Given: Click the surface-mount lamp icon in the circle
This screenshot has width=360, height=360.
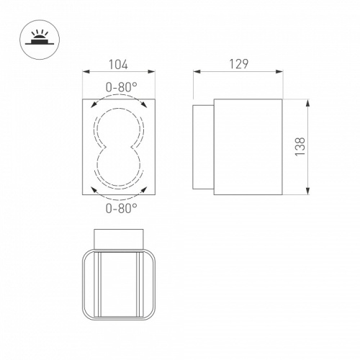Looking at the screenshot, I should coord(36,35).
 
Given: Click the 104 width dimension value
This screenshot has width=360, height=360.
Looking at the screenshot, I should coord(117,64).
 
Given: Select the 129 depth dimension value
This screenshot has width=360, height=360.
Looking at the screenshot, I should coord(240,63).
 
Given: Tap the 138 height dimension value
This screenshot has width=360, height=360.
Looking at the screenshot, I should coord(300,147).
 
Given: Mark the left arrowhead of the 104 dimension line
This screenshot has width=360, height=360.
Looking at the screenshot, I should coord(86,72).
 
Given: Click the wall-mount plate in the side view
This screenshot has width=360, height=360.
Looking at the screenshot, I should coord(204,147).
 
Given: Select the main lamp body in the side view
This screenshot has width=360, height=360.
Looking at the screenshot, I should coord(248,147).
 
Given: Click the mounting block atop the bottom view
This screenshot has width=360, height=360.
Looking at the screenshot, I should coord(120,238).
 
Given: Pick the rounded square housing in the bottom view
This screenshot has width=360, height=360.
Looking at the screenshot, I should coord(120,284).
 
